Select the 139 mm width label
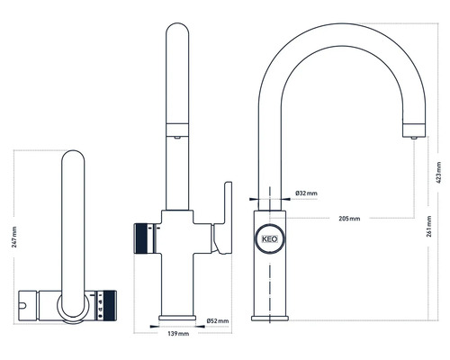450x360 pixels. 178,334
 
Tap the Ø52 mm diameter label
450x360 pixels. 218,320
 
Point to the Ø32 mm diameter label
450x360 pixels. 304,193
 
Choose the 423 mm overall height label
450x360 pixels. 438,171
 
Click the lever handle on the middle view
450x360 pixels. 223,216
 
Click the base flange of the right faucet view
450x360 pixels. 270,314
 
